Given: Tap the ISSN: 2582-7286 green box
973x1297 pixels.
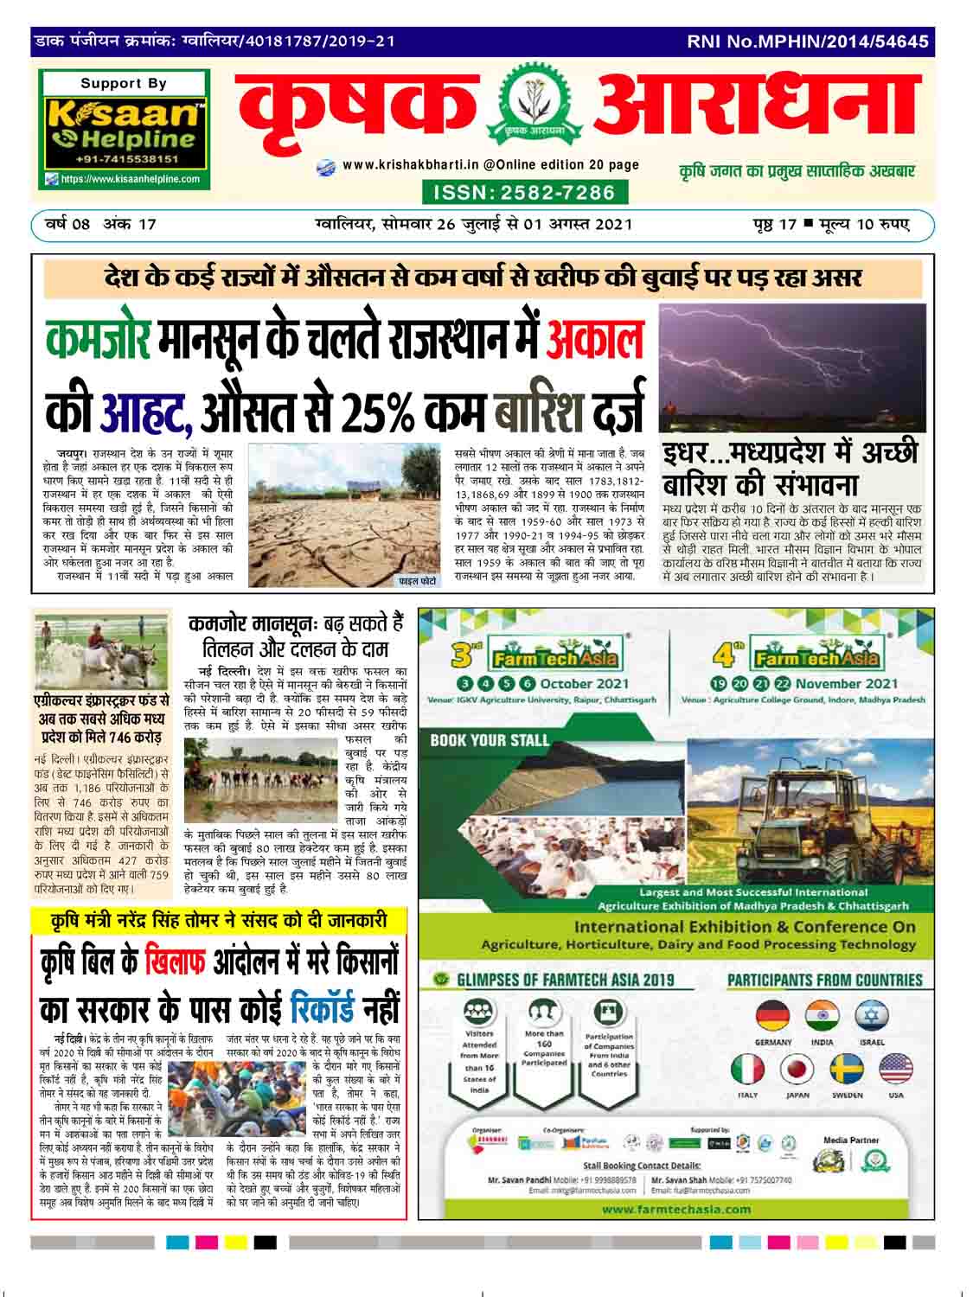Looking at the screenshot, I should point(524,192).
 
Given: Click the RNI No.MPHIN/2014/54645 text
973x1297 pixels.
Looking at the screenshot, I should point(808,41).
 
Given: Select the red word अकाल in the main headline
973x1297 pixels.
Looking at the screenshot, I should point(596,338).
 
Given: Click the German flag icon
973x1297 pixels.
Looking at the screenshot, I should point(772,1018).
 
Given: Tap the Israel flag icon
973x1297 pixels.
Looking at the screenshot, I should point(872,1018).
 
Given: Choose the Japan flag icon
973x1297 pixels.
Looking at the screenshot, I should point(797,1070).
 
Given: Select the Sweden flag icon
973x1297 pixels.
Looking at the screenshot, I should point(847,1070).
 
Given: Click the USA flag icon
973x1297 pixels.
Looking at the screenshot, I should point(896,1070).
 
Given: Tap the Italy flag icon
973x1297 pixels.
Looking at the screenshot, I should point(748,1070).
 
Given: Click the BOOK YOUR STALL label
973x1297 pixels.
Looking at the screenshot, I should point(490,740).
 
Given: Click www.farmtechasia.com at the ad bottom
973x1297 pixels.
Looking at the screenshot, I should point(676,1209).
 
